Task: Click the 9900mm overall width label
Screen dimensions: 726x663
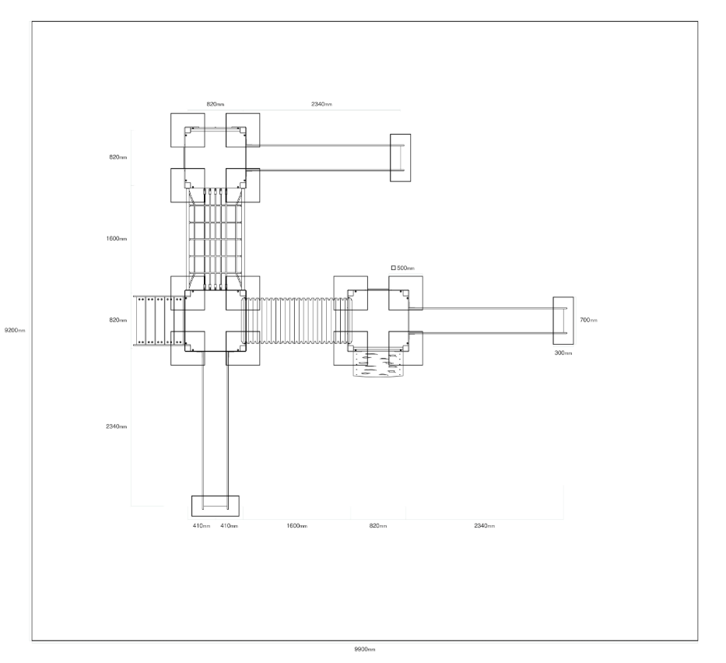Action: coord(365,649)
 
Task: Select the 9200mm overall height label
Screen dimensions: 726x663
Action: coord(15,330)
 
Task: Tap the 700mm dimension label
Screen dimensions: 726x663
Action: coord(588,320)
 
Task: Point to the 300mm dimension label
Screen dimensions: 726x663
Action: coord(563,353)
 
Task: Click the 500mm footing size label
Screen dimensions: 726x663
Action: coord(405,268)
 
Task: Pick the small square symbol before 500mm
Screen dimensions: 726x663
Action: coord(394,268)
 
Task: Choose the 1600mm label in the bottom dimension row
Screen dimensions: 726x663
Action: coord(296,526)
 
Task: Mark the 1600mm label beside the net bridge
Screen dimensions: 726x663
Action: coord(116,239)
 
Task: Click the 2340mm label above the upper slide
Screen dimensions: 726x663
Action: coord(321,104)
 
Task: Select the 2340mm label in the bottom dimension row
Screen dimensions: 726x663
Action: coord(484,526)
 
